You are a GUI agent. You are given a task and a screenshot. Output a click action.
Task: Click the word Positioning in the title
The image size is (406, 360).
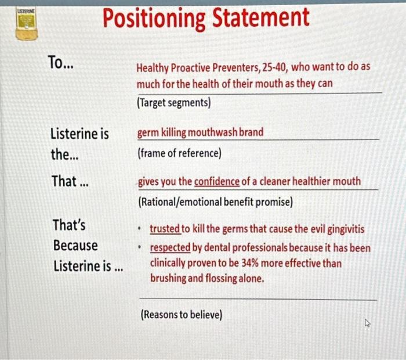coord(153,19)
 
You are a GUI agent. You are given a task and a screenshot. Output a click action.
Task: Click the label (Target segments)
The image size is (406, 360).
coord(173,102)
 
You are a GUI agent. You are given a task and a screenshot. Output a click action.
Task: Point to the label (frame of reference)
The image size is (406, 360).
coord(179,154)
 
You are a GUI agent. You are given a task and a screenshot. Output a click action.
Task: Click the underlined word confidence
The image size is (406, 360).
coord(216,182)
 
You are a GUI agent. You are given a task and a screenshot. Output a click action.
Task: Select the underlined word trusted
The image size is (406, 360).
coord(165,229)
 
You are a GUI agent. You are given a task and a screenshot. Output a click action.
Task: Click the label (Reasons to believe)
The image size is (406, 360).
coord(181,315)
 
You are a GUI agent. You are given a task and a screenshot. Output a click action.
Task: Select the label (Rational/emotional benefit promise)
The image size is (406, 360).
coord(215,203)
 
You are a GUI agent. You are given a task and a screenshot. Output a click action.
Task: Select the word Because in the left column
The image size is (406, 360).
coord(75,245)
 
